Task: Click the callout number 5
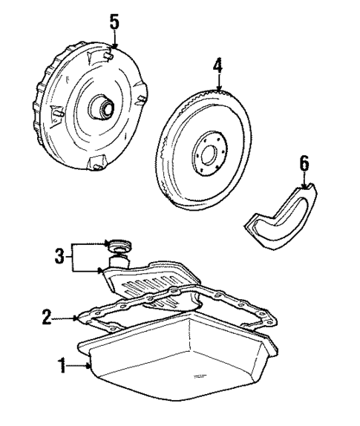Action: pos(114,21)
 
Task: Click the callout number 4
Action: pos(217,65)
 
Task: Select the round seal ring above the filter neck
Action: pos(117,246)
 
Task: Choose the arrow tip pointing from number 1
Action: pos(91,367)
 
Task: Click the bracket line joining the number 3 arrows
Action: pos(73,258)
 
